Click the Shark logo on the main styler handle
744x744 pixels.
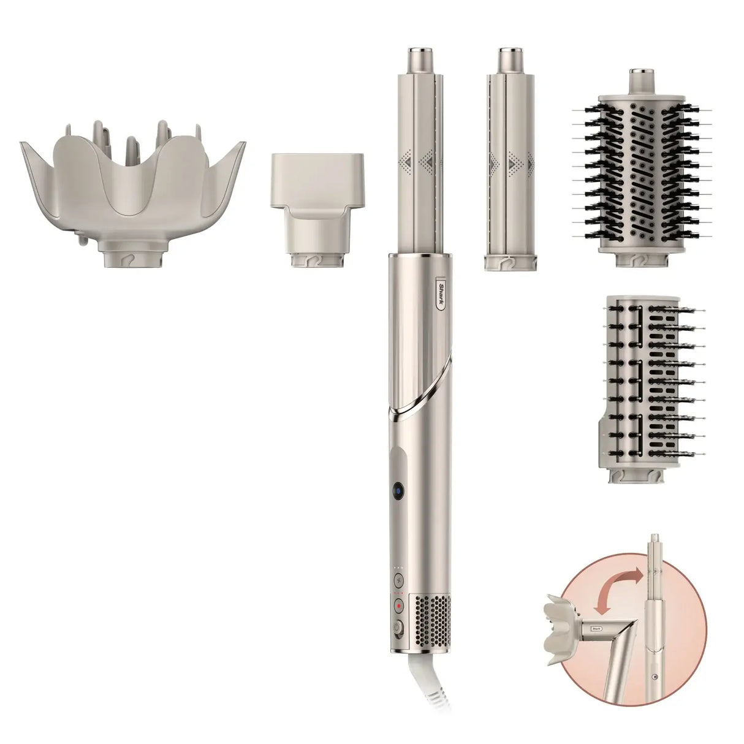[441, 295]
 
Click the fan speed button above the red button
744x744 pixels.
[399, 582]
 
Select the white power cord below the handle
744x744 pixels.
[423, 687]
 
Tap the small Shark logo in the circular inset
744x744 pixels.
[596, 628]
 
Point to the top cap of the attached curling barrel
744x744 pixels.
[420, 59]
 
